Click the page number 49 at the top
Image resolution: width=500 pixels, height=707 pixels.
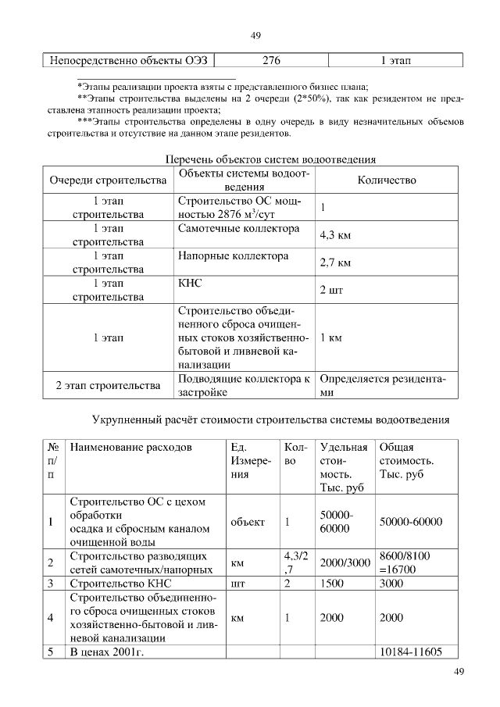(x=255, y=35)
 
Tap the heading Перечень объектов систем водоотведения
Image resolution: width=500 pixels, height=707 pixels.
(x=271, y=159)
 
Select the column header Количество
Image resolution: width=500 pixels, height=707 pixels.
(x=386, y=180)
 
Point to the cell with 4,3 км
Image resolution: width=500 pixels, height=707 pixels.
(x=335, y=235)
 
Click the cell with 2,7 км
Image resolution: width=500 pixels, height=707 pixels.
(x=335, y=262)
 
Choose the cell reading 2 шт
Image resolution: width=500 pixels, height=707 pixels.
(x=331, y=290)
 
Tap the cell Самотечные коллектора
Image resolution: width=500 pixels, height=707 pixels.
(x=238, y=230)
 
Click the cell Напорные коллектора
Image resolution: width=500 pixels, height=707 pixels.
(x=233, y=256)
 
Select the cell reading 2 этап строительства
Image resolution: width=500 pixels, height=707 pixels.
(x=108, y=386)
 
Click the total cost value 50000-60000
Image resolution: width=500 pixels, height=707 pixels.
(x=410, y=522)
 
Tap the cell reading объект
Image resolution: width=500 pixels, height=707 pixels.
(x=248, y=522)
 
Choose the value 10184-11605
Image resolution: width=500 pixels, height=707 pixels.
(x=410, y=652)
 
